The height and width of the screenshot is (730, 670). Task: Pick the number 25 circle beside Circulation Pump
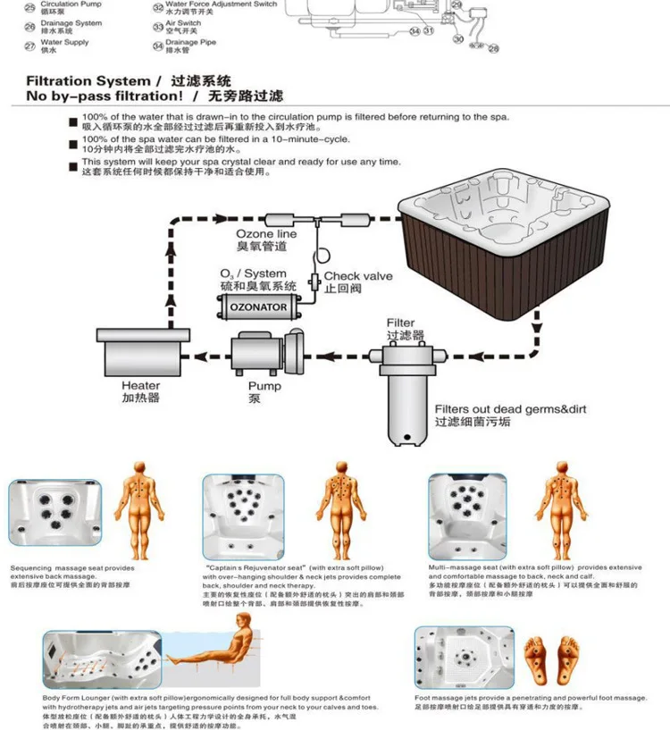(x=29, y=7)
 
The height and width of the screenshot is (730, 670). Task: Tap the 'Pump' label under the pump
(x=264, y=386)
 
